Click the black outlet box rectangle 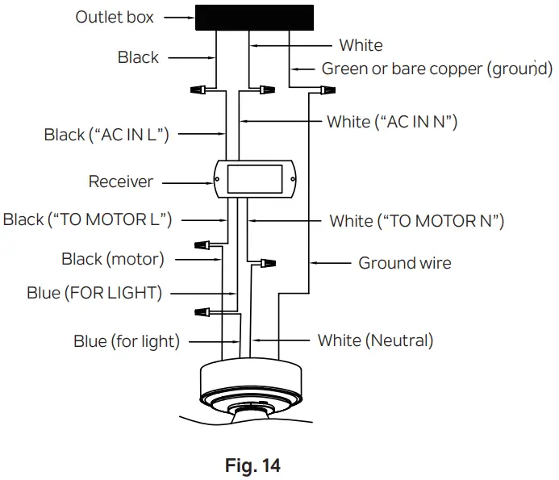(x=254, y=19)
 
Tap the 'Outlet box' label (x=115, y=17)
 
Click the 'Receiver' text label (x=120, y=182)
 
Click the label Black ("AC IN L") (x=106, y=135)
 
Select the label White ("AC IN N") (x=392, y=122)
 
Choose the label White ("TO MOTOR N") (x=417, y=220)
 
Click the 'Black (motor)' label (x=113, y=260)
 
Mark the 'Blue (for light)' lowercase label (x=127, y=340)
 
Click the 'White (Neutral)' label (x=375, y=340)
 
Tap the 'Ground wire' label (x=405, y=263)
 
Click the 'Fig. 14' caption (x=254, y=465)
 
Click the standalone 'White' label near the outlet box (x=361, y=45)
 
